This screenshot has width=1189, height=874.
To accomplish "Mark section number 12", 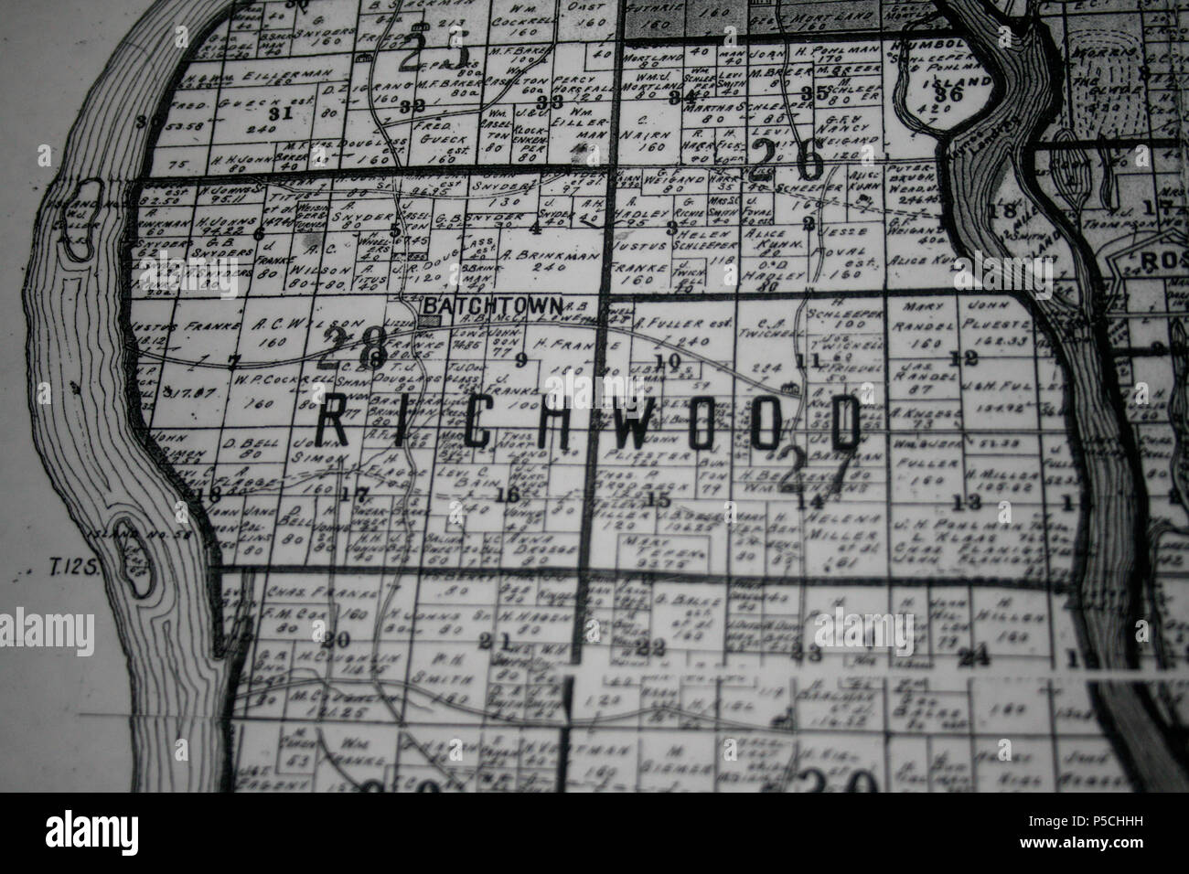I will point(959,358).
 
